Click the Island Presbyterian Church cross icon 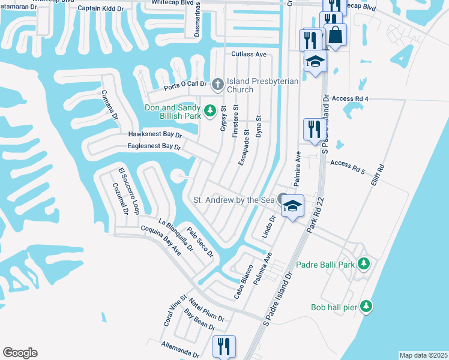click(217, 85)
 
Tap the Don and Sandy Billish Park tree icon click(209, 110)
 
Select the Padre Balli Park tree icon click(363, 264)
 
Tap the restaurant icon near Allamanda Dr click(224, 346)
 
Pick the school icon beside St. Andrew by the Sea click(292, 206)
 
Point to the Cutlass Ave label click(249, 54)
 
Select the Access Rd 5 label click(348, 163)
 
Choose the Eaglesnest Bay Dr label click(154, 146)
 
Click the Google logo click(20, 353)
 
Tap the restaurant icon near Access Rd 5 click(312, 129)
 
